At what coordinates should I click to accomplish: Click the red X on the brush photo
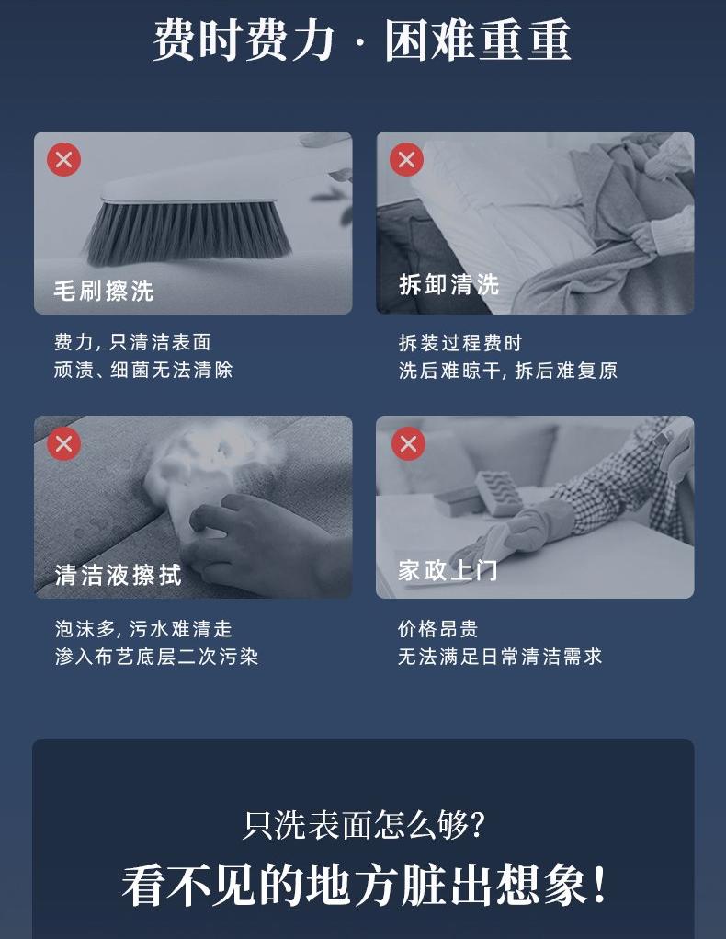(x=64, y=160)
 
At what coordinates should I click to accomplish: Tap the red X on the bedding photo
(x=406, y=160)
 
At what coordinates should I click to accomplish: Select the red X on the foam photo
(x=64, y=444)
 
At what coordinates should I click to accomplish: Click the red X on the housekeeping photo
(x=408, y=444)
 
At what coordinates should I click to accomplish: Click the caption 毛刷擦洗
(x=104, y=291)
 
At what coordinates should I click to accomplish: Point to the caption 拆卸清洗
(x=448, y=284)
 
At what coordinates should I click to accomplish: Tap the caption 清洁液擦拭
(x=118, y=575)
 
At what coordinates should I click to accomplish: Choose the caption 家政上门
(x=448, y=569)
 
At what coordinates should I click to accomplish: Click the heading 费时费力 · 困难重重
(x=362, y=40)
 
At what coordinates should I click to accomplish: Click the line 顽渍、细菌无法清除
(x=143, y=370)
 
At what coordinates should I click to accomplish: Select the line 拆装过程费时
(x=460, y=343)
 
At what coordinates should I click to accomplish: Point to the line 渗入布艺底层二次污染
(x=157, y=657)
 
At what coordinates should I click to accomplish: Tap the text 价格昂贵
(x=438, y=629)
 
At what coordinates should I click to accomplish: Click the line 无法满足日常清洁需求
(x=500, y=657)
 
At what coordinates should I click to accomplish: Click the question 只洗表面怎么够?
(x=363, y=825)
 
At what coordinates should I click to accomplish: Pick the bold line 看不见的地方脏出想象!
(x=364, y=885)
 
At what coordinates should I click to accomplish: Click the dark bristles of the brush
(x=188, y=234)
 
